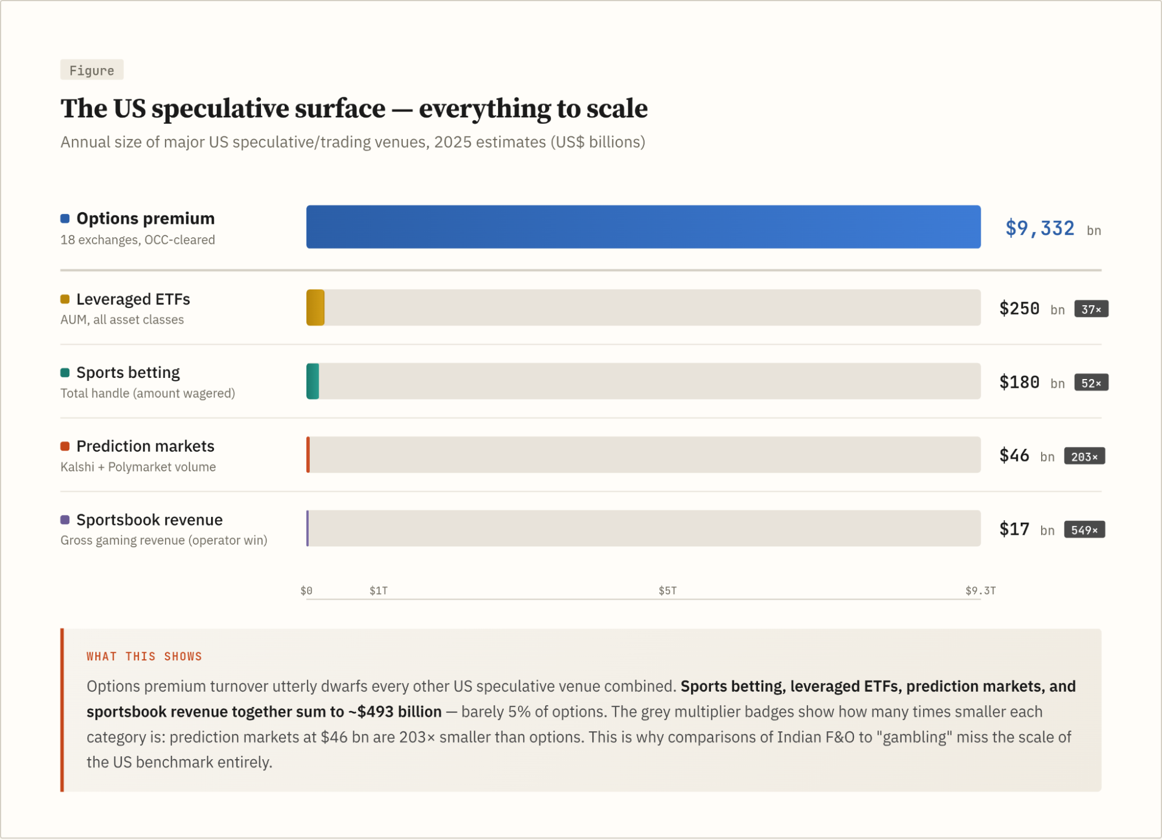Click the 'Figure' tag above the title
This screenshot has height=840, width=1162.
[x=92, y=70]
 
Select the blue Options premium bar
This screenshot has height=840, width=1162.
[x=643, y=227]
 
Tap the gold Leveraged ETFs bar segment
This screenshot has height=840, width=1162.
[x=315, y=308]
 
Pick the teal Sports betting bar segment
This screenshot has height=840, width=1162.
[x=313, y=381]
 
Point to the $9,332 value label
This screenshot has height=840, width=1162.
[x=1039, y=228]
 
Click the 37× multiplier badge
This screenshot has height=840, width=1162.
[x=1091, y=309]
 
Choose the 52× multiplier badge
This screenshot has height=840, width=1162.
[x=1091, y=383]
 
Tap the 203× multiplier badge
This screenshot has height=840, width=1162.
[x=1084, y=457]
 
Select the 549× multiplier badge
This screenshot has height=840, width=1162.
[x=1084, y=530]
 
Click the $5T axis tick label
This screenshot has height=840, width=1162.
[x=667, y=591]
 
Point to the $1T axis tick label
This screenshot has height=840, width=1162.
[x=378, y=591]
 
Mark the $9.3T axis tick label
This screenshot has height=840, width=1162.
[x=980, y=591]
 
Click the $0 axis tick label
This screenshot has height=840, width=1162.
[x=306, y=591]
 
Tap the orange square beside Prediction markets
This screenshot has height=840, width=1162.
[x=65, y=446]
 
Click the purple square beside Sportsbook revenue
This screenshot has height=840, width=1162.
[x=65, y=520]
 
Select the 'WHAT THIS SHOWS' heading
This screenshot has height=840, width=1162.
[x=144, y=656]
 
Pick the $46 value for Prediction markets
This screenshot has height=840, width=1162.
[x=1014, y=456]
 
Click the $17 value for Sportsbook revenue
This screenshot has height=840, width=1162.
[x=1014, y=530]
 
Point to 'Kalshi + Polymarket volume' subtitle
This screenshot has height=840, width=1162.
[x=138, y=467]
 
